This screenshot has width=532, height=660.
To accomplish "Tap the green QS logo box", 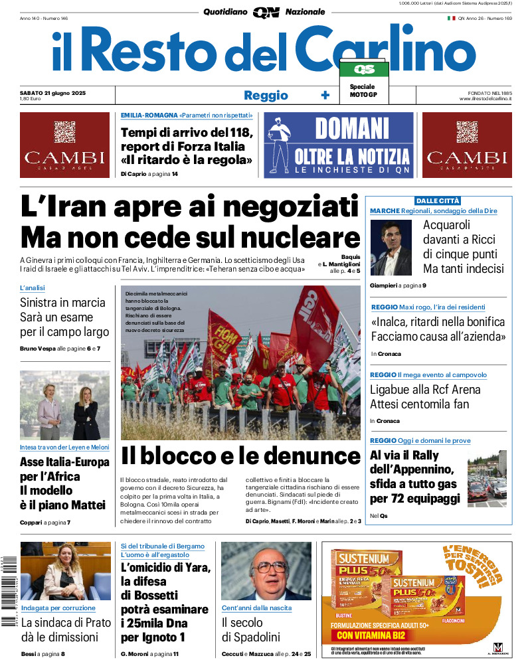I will (x=364, y=69).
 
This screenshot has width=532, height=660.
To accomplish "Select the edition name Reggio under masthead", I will (x=266, y=95).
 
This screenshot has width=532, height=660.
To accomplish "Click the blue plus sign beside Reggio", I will (x=325, y=95).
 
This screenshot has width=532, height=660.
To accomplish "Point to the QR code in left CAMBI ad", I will (x=64, y=131).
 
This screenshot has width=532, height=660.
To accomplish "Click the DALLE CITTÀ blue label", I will (x=438, y=201).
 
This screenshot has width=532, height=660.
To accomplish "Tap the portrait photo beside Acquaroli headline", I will (x=391, y=248).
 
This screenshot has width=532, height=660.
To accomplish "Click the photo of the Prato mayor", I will (x=56, y=571).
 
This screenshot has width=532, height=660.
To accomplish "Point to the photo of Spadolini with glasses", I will (x=266, y=571).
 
